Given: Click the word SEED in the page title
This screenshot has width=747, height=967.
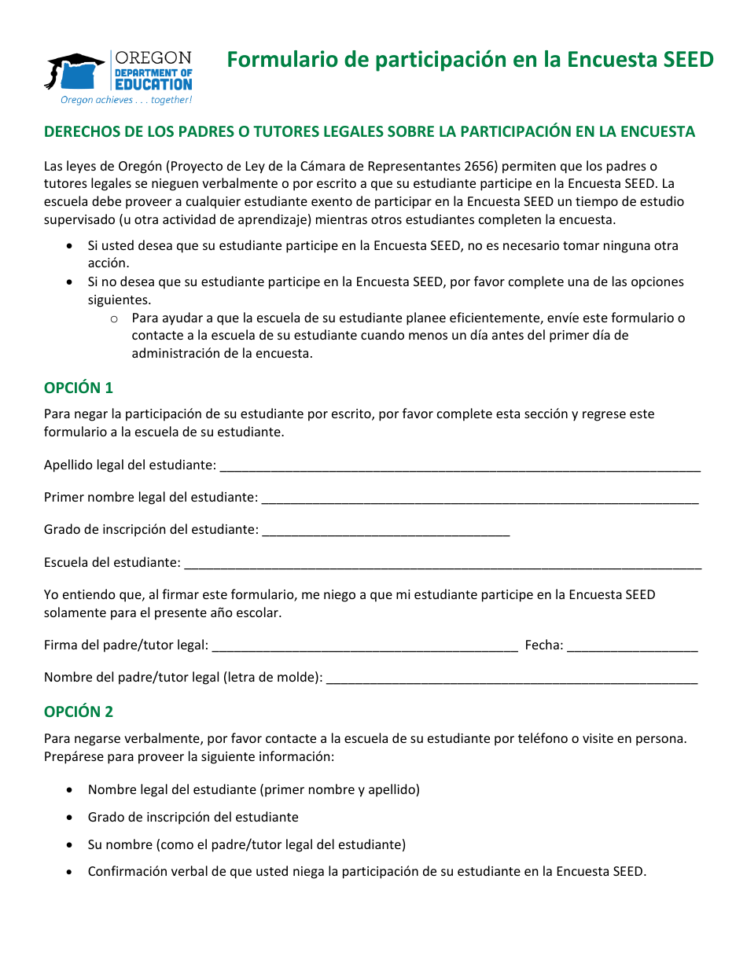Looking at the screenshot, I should tap(689, 60).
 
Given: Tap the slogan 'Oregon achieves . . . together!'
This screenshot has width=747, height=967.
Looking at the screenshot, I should tap(127, 101).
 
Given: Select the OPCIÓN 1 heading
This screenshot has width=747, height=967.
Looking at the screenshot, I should tap(79, 388).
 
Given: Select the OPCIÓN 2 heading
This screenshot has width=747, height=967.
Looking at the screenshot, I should tap(79, 711).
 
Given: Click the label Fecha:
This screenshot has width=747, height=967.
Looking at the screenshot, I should tap(544, 645).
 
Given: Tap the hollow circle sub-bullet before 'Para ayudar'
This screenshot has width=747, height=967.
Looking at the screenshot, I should tap(114, 318).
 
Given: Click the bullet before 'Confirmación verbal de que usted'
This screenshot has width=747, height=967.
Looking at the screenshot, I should tap(71, 872).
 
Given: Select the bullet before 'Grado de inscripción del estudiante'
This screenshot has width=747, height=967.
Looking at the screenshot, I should tap(71, 818).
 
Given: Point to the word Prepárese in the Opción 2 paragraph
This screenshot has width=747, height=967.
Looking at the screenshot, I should tap(72, 756).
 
